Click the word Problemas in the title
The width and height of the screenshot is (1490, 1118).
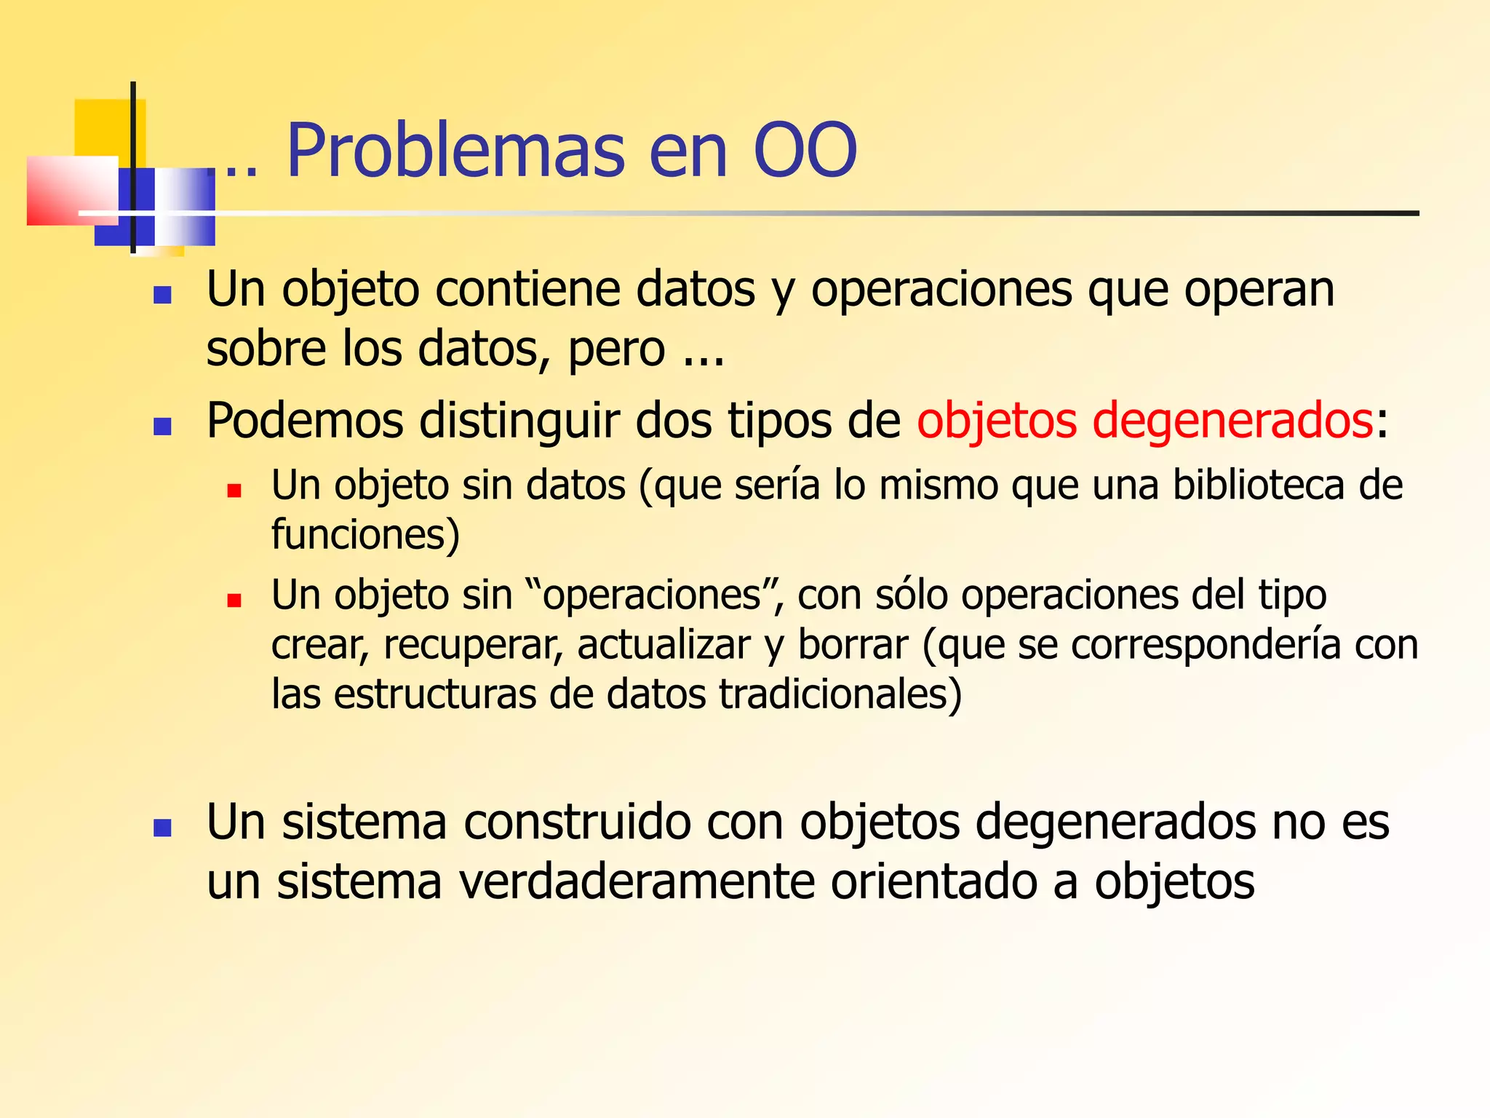pos(455,151)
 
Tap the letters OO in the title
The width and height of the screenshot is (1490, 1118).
pos(805,151)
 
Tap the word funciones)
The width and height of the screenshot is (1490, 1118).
pos(365,535)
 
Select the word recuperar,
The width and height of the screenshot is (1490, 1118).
pos(474,646)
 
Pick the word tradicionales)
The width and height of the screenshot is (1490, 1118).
pos(840,694)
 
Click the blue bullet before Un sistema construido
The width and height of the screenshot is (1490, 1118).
pos(162,828)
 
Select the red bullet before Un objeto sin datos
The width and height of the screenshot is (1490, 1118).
pos(234,491)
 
